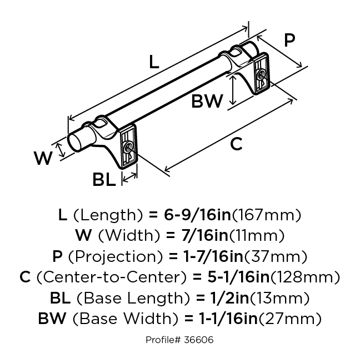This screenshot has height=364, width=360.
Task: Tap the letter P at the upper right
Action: (289, 40)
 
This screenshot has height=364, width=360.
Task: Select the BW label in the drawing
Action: (207, 101)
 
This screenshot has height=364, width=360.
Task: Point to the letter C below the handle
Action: (237, 144)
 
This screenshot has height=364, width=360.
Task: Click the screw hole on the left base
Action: (128, 147)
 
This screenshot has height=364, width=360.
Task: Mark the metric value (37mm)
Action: (281, 256)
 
